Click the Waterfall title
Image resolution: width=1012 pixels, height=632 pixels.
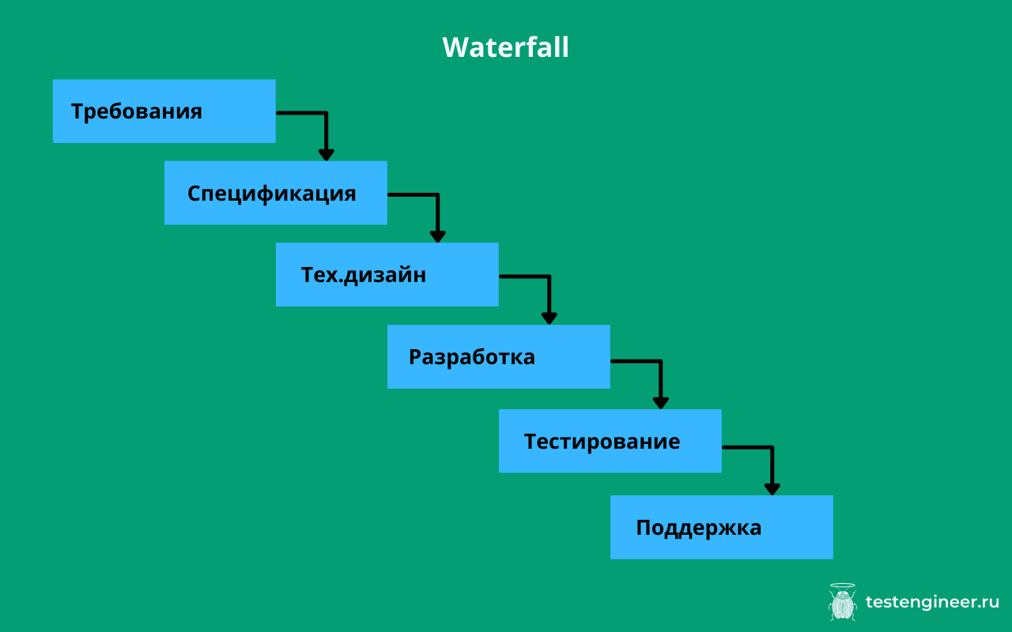click(x=505, y=47)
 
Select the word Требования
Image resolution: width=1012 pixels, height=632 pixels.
click(x=137, y=111)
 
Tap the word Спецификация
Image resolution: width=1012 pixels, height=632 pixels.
click(x=271, y=194)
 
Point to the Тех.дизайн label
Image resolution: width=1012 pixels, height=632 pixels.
click(x=364, y=275)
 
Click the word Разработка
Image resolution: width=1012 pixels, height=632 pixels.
click(x=472, y=357)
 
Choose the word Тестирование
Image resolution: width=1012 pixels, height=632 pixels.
click(x=602, y=441)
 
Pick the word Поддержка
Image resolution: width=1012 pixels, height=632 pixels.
click(x=699, y=528)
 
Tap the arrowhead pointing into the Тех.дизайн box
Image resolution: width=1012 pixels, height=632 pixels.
click(x=437, y=236)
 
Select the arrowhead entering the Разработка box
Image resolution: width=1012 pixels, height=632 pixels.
click(x=549, y=318)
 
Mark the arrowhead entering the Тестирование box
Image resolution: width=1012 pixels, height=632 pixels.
click(x=660, y=402)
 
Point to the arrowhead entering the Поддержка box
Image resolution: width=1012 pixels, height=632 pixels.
click(x=772, y=489)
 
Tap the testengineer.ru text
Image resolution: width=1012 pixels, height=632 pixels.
click(x=932, y=602)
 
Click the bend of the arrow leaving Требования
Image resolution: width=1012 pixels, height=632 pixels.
click(x=326, y=113)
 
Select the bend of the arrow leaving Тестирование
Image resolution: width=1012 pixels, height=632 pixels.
click(x=772, y=447)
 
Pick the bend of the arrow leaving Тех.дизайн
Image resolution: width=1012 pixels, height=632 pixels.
click(x=549, y=276)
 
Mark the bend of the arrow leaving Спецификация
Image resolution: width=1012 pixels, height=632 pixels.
click(x=437, y=194)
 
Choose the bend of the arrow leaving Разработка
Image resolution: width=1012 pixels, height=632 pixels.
click(x=660, y=361)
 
